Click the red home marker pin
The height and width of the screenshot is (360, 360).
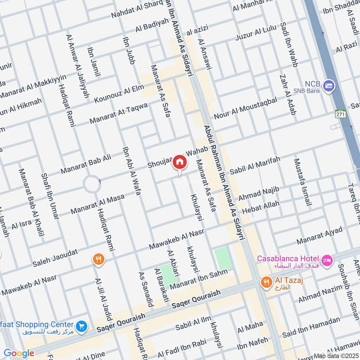coord(180,162)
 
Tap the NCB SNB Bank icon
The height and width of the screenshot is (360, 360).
coord(329,86)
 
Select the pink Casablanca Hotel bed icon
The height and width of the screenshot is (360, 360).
coord(327,260)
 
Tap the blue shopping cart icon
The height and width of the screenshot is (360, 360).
coord(81,326)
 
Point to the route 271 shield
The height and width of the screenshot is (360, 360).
coord(340,114)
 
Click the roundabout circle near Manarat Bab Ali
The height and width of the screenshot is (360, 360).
coord(92,184)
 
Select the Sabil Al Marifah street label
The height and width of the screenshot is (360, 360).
coord(255,166)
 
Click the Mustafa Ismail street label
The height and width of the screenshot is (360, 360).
coord(302,182)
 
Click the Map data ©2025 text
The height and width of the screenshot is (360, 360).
coord(336,355)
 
